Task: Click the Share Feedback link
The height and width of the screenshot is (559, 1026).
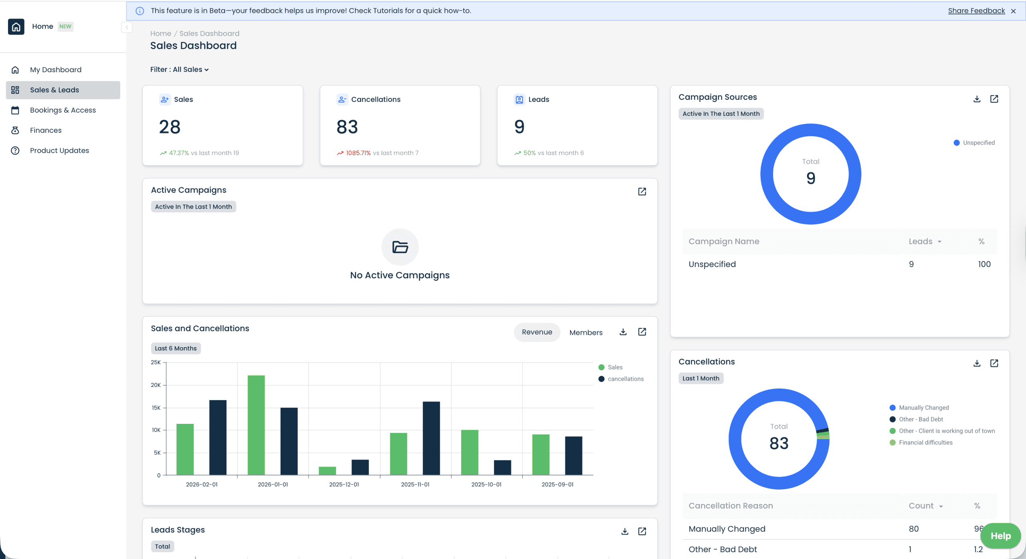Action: (x=976, y=11)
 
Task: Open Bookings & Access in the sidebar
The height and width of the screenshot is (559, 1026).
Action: (x=63, y=110)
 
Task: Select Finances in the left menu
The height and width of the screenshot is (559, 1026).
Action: (x=46, y=130)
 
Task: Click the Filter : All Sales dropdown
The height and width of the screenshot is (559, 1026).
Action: (x=179, y=69)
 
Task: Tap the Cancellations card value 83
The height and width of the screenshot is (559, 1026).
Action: (x=347, y=127)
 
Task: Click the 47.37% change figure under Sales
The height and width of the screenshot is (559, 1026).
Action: (x=178, y=153)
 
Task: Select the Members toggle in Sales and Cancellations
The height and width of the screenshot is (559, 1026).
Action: (x=586, y=332)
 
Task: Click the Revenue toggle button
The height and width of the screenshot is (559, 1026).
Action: (x=537, y=332)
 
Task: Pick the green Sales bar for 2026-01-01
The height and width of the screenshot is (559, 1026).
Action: (x=256, y=425)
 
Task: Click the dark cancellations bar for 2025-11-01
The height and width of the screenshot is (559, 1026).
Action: (x=431, y=438)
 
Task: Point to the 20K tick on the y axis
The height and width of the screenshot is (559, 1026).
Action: (x=156, y=385)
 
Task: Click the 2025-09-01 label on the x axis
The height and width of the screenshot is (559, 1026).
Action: (x=557, y=484)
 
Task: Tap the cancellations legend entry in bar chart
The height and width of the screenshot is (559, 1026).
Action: (x=625, y=379)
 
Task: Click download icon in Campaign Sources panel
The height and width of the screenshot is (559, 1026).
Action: (x=977, y=99)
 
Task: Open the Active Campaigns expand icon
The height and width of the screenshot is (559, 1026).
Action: (x=642, y=192)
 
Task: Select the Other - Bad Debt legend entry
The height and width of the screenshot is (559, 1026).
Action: (x=921, y=419)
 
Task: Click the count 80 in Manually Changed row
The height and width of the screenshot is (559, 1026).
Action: (x=913, y=529)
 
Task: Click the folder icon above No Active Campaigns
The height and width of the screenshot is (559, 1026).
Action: (x=400, y=247)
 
